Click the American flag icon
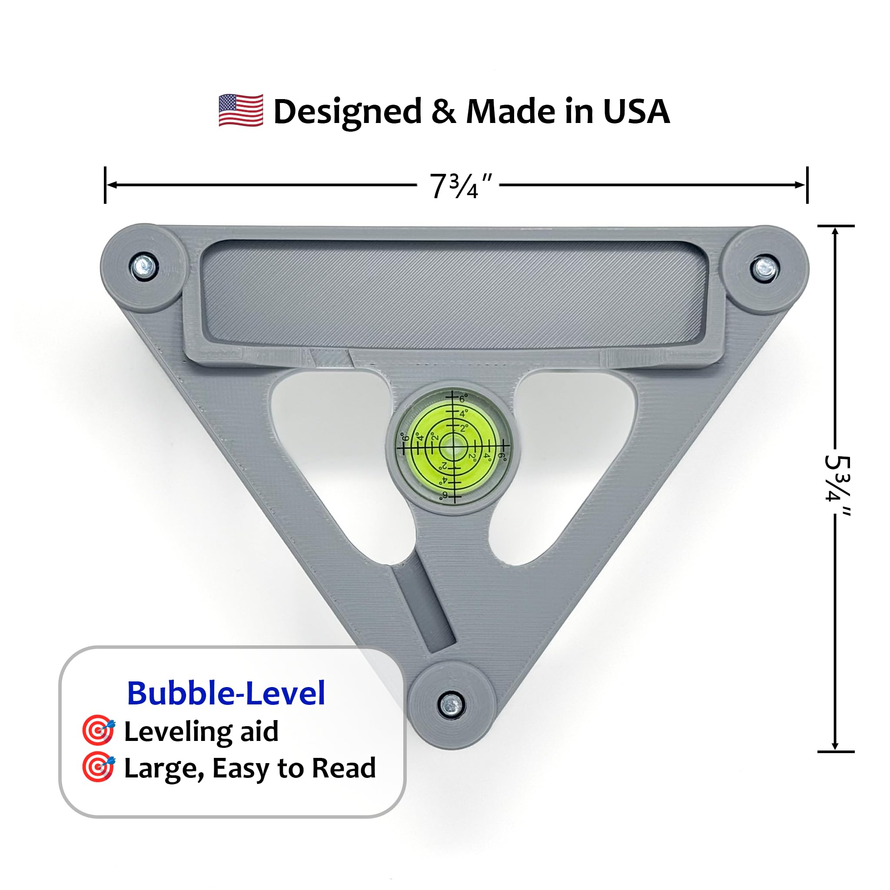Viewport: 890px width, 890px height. pos(241,110)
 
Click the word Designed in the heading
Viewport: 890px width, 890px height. pos(347,113)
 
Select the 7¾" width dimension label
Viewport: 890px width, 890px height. pos(460,186)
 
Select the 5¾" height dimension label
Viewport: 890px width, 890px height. pos(836,483)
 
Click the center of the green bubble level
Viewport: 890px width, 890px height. pos(453,446)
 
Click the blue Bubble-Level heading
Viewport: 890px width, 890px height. pos(226,693)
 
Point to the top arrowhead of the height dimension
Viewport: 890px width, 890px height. pos(835,231)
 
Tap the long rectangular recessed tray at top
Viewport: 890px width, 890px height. pos(454,294)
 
